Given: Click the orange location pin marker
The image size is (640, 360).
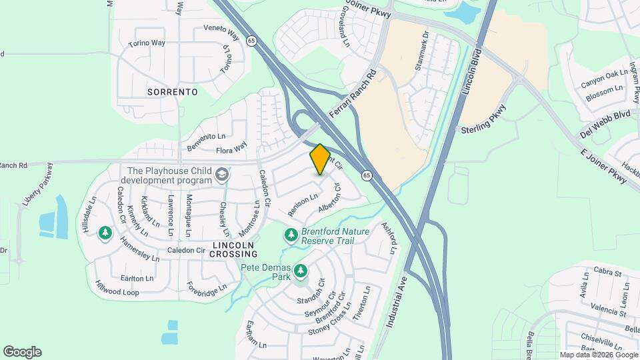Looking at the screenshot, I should (x=320, y=159).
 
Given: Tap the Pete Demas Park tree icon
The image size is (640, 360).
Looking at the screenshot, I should (x=301, y=270).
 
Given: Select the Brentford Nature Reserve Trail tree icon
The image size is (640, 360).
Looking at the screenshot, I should (x=291, y=235).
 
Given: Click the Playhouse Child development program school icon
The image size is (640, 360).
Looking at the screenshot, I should (x=221, y=175).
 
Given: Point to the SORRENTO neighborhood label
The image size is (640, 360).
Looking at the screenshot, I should (x=172, y=92).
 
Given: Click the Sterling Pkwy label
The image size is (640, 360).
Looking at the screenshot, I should (x=484, y=119).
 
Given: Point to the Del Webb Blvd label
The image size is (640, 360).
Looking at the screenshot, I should (x=605, y=124).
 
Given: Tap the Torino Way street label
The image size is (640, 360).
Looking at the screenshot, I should (x=147, y=43).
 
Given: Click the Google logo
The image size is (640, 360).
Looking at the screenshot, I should (x=22, y=352).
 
